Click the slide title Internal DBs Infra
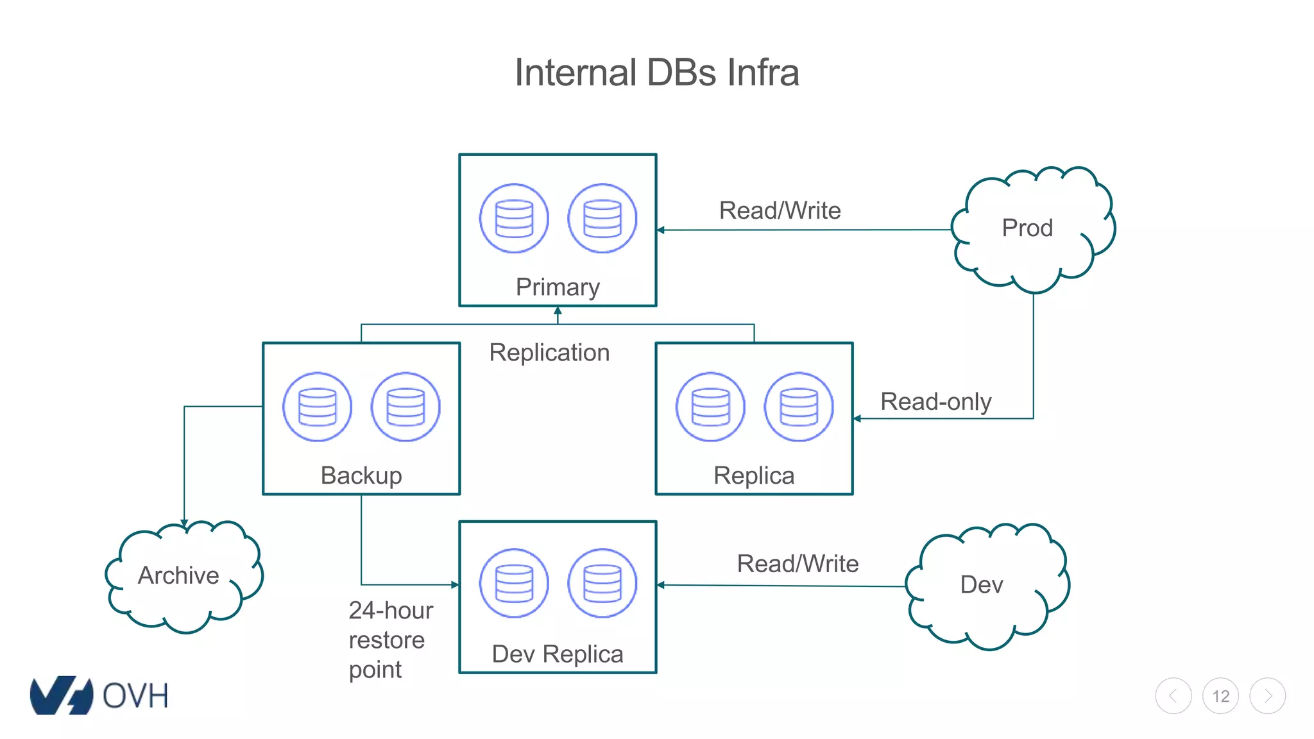pos(656,72)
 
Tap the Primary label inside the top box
pos(558,287)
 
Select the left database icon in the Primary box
pos(514,219)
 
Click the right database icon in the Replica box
pos(798,407)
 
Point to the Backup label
pos(361,475)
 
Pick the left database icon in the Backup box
pos(317,407)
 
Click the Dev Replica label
pos(558,654)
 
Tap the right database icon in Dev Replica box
pos(602,583)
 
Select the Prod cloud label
pos(1027,228)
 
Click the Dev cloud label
pos(982,584)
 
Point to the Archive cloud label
pos(178,575)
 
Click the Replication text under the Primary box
pos(549,353)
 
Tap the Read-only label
pos(935,402)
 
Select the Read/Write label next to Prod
pos(780,210)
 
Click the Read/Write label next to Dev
pos(798,563)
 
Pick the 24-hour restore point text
pos(390,640)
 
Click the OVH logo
pos(99,695)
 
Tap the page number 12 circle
pos(1220,696)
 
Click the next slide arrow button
pos(1267,696)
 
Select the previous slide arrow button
pos(1173,696)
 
